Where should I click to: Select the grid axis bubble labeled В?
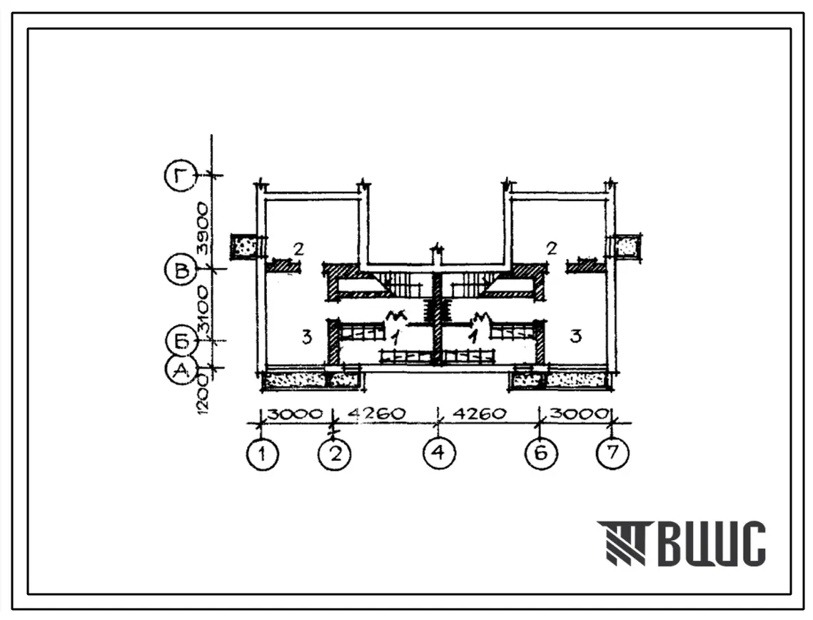point(181,271)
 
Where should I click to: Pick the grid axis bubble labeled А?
point(181,370)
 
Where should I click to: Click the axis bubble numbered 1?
point(263,454)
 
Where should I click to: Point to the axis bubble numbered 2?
point(335,454)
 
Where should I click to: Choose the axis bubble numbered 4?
point(439,452)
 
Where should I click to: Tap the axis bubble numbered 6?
point(541,454)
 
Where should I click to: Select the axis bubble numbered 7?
point(613,452)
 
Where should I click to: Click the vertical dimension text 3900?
point(202,228)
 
